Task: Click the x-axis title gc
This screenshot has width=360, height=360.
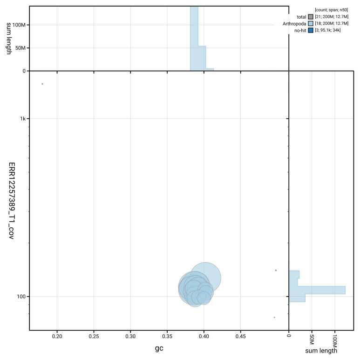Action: coord(159,348)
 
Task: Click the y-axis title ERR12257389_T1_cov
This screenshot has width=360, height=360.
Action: coord(12,201)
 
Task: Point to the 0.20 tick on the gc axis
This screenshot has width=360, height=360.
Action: coord(57,336)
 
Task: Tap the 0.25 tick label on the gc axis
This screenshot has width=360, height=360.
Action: coord(94,336)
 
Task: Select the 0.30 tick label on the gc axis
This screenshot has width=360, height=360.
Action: coord(130,336)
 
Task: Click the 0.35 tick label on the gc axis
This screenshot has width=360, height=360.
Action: coord(167,336)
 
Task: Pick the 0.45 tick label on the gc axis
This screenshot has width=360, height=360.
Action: coord(241,336)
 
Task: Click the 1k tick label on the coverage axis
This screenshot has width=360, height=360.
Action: coord(23,119)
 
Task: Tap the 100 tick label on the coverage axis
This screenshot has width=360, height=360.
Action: coord(21,296)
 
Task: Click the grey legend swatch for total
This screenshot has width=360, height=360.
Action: coord(311,17)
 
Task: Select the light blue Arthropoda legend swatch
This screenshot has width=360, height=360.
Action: coord(311,23)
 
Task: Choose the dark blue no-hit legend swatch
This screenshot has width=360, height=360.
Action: coord(311,30)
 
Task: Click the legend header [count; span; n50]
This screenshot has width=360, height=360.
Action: coord(331,10)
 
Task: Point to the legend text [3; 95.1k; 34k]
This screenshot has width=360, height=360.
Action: coord(327,30)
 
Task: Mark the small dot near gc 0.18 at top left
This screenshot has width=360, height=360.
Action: coord(42,84)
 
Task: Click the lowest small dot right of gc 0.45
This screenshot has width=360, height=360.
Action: coord(274,317)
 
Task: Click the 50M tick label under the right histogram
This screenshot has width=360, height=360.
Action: coord(312,339)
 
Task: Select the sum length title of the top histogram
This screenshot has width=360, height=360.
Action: coord(9,38)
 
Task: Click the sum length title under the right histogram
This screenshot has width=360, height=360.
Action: coord(321,351)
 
